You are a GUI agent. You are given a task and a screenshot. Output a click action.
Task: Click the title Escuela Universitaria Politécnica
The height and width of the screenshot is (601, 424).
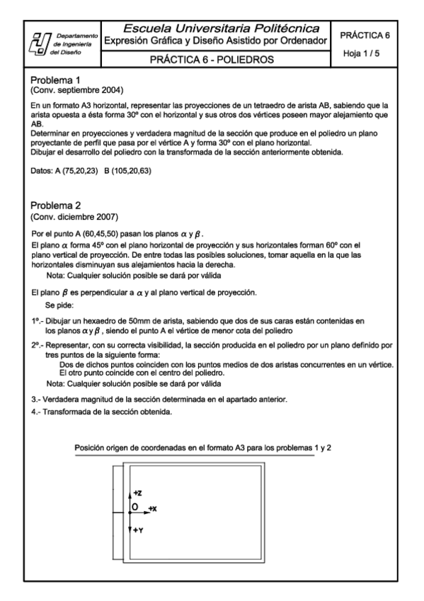(221, 29)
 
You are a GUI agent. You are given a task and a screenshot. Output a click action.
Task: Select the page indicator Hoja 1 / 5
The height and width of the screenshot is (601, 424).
(365, 53)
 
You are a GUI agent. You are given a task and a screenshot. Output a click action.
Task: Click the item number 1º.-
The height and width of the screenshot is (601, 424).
(39, 321)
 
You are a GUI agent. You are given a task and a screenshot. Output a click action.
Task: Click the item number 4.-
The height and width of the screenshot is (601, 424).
(38, 412)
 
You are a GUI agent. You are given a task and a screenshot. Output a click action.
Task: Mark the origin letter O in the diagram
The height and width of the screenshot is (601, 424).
(132, 508)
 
